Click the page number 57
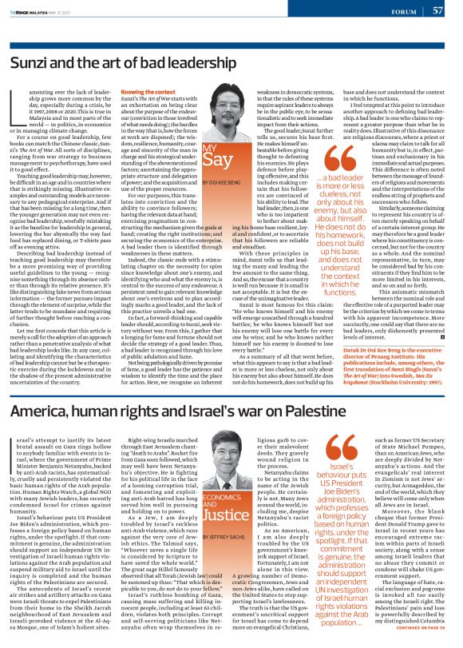click(x=437, y=10)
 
